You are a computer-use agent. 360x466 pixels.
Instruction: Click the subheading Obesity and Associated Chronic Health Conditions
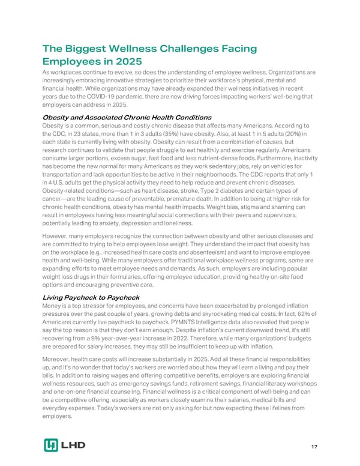tap(125, 116)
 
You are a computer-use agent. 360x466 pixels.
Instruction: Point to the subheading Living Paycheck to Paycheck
tap(90, 297)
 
